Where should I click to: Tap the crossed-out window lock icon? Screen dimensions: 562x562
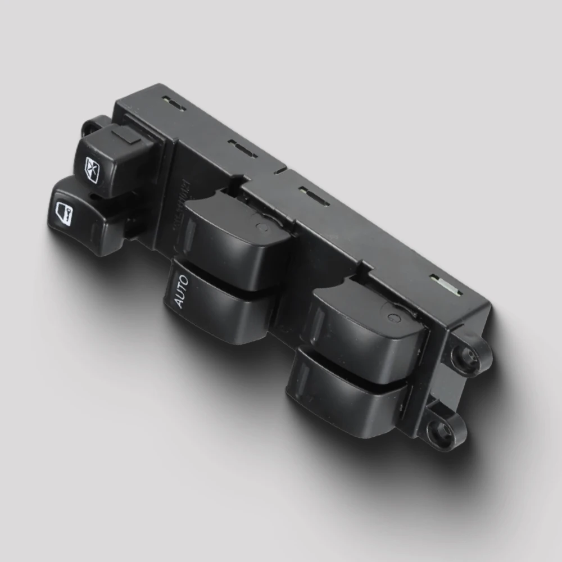pos(93,166)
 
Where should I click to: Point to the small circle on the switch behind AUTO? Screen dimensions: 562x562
pos(260,227)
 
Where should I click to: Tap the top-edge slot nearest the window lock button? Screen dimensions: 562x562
pos(174,104)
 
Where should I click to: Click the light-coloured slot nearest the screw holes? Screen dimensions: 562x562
pos(446,284)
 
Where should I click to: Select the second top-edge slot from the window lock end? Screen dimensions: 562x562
pos(243,149)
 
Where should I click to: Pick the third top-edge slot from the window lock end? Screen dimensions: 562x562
pos(314,196)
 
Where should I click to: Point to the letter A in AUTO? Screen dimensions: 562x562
pos(180,302)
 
